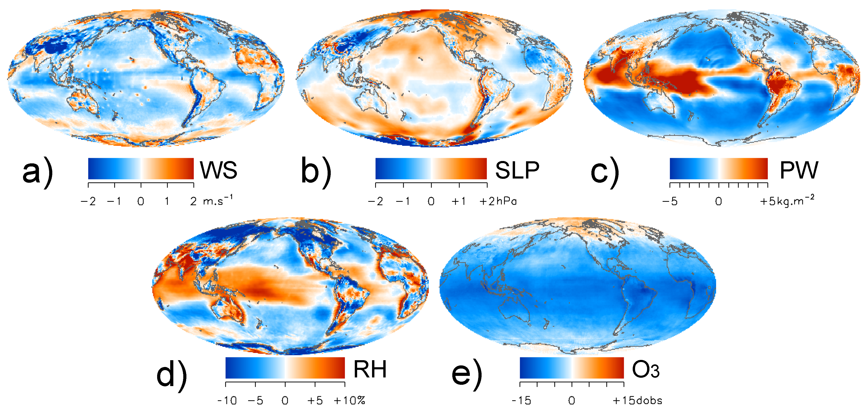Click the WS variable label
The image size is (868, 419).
[x=219, y=170]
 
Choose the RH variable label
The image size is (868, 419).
[x=370, y=370]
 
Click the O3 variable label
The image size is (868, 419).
[x=646, y=370]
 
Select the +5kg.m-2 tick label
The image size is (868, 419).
[x=787, y=201]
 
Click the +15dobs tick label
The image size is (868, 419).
[x=637, y=400]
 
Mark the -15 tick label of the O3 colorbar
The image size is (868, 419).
[x=521, y=400]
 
